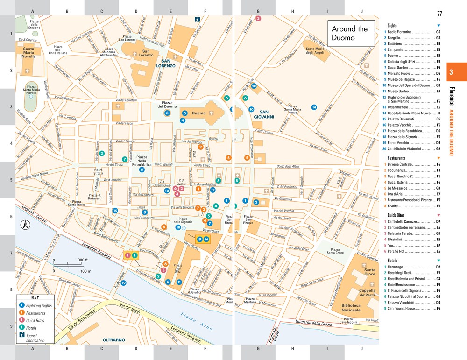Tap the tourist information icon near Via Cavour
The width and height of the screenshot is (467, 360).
coord(198,20)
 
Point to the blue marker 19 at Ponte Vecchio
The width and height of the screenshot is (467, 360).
coord(124,283)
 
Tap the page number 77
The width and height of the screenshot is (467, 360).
coord(439,13)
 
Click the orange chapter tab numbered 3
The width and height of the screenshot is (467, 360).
coord(451,72)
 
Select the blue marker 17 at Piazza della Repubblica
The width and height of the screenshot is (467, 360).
coord(142,170)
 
